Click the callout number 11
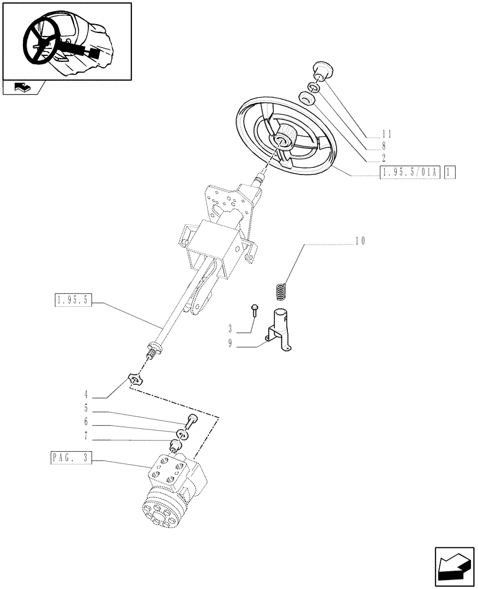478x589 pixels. pos(386,134)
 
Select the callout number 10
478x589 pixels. pos(361,241)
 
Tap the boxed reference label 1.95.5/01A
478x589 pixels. pos(410,173)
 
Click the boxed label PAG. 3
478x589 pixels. pos(71,458)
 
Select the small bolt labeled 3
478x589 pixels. pos(254,310)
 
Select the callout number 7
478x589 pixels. pos(86,436)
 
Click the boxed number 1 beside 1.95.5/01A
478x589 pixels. pos(450,173)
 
